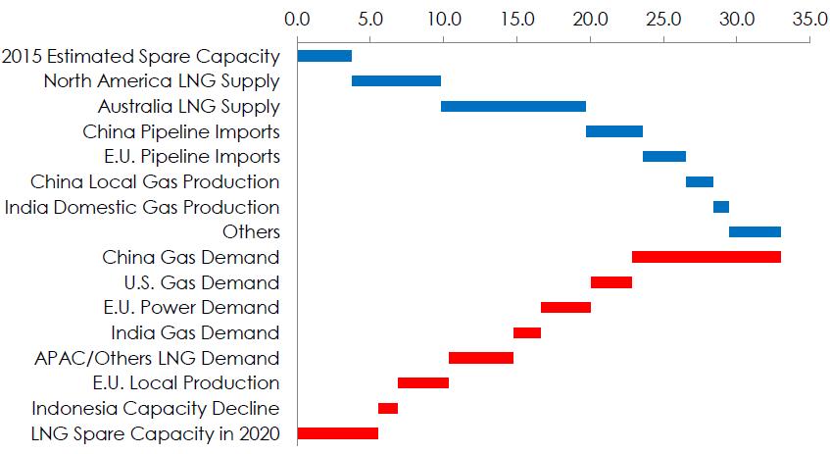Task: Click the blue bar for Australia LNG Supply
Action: tap(513, 107)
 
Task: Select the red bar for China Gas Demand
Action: tap(706, 257)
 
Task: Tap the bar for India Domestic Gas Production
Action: tap(720, 207)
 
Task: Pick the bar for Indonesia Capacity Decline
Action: tap(388, 408)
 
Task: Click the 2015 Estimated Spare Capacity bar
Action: tap(324, 56)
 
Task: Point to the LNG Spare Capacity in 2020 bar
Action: tap(337, 433)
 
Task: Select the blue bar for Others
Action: tap(755, 232)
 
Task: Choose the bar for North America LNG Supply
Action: tap(396, 81)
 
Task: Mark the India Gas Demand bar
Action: tap(527, 332)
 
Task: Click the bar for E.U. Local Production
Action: tap(423, 382)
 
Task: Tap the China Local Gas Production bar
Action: tap(700, 181)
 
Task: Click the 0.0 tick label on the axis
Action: tap(297, 19)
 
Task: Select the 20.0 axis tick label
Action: tap(590, 19)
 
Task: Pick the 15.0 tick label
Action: tap(516, 19)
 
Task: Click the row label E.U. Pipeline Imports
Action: tap(191, 157)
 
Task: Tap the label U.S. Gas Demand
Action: tap(203, 283)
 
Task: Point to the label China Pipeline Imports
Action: tap(181, 131)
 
